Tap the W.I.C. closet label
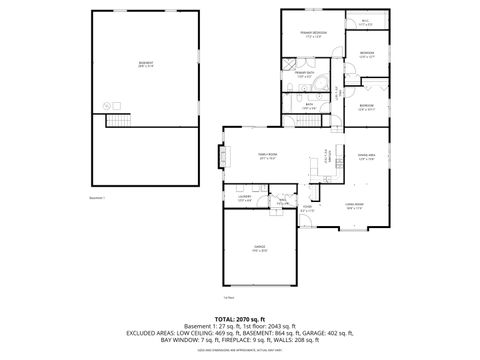366,21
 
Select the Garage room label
259,250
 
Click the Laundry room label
244,198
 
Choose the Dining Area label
366,156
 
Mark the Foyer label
307,210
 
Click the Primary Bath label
304,74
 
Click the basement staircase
119,120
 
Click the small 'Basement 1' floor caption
97,198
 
